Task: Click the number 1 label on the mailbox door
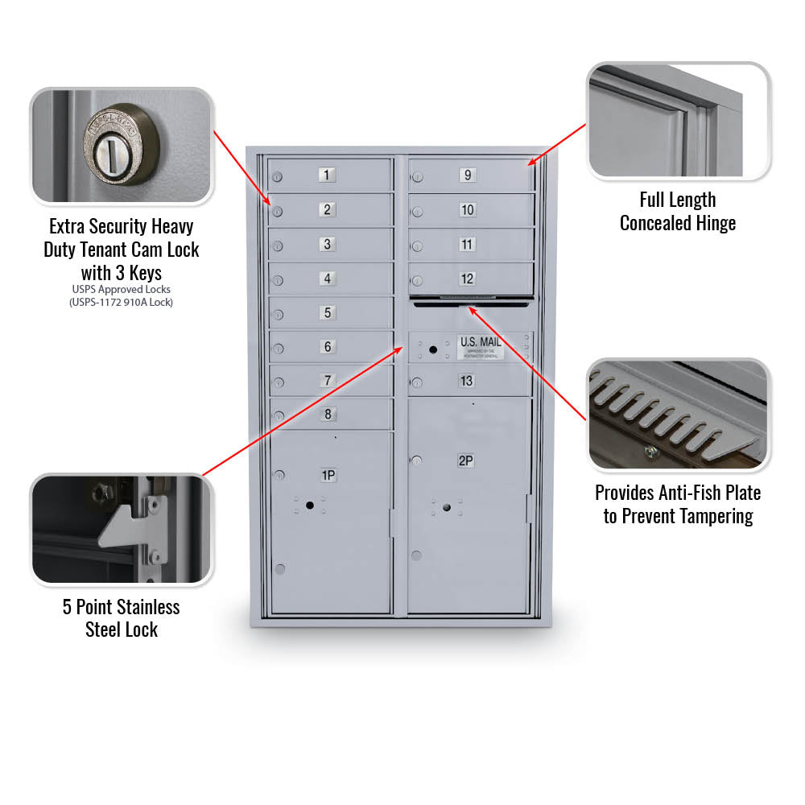(x=327, y=175)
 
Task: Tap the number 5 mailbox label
(x=327, y=312)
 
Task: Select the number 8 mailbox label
(x=327, y=415)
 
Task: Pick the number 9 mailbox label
(x=467, y=175)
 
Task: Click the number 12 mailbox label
(x=467, y=279)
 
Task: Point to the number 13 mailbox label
(x=467, y=381)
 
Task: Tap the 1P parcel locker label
(x=328, y=475)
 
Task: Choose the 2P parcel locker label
(x=465, y=460)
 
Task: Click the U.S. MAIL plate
(x=481, y=346)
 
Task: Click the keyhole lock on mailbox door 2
(x=277, y=213)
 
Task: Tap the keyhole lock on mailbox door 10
(x=417, y=213)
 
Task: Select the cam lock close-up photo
(x=122, y=146)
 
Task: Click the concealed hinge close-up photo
(x=678, y=120)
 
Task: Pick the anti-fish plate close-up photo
(x=678, y=414)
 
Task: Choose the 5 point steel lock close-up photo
(x=122, y=529)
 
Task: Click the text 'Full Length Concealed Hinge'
(x=678, y=212)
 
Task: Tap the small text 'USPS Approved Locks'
(x=122, y=289)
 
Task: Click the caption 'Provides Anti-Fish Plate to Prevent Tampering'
(x=678, y=504)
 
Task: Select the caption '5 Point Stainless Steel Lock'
(x=122, y=618)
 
